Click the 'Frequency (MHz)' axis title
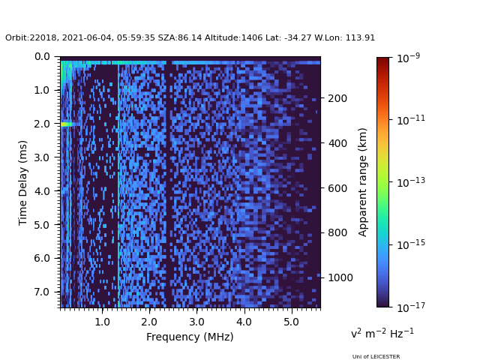[190, 337]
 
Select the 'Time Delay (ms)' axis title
[23, 182]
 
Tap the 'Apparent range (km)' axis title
[363, 181]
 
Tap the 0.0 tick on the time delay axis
[42, 57]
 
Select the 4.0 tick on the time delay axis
[42, 191]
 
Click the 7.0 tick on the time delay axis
[42, 292]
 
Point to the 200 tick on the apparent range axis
[337, 98]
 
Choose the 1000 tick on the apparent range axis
[339, 277]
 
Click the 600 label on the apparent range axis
[337, 188]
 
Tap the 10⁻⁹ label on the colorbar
[409, 58]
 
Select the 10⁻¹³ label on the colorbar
[409, 182]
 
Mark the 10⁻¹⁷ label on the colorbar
[409, 307]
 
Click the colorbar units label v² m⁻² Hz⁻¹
[382, 333]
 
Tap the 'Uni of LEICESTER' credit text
[376, 357]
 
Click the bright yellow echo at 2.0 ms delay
[65, 124]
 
